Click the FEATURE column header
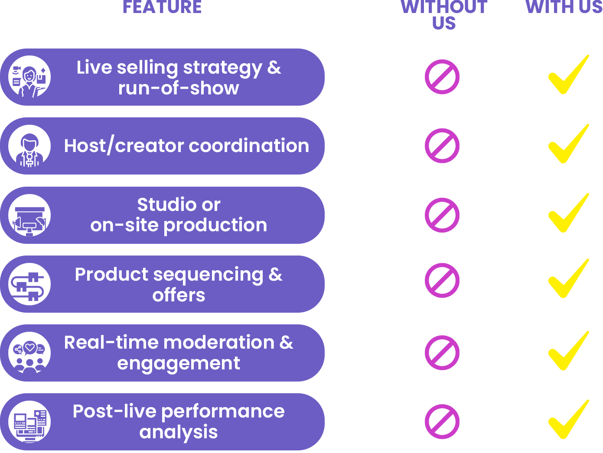(162, 7)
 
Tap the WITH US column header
(564, 7)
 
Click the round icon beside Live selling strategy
(29, 77)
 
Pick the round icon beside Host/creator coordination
(29, 146)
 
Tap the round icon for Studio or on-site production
(29, 215)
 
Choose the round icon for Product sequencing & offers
(29, 284)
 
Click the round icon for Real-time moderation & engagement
(29, 353)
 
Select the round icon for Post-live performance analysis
(29, 422)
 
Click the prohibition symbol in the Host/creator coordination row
(442, 146)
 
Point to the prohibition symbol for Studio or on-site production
(442, 215)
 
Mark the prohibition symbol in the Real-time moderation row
(442, 353)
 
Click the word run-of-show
(179, 88)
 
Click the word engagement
(179, 363)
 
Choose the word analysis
(179, 432)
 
